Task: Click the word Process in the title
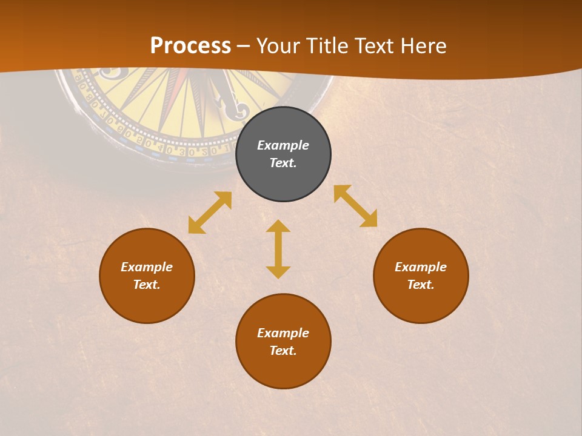pyautogui.click(x=190, y=45)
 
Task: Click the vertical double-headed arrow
pyautogui.click(x=278, y=249)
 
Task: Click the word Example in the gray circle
pyautogui.click(x=283, y=145)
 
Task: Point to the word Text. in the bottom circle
pyautogui.click(x=283, y=351)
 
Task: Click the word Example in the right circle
pyautogui.click(x=421, y=267)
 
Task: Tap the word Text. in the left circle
pyautogui.click(x=147, y=285)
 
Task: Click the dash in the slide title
pyautogui.click(x=244, y=46)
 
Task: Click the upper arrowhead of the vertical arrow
pyautogui.click(x=278, y=226)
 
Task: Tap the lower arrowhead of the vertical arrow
pyautogui.click(x=278, y=272)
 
